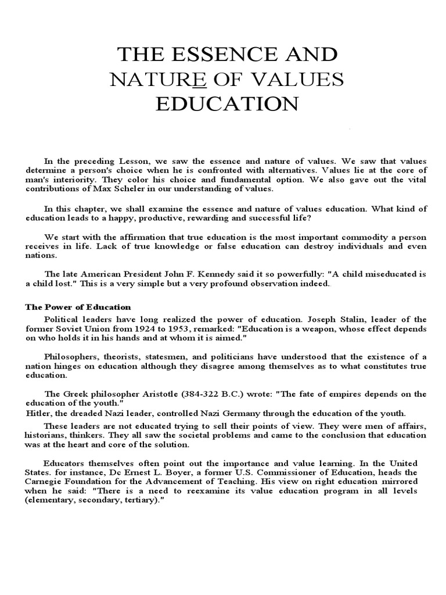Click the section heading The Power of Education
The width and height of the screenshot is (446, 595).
coord(78,307)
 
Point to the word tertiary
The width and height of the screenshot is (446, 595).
coord(133,501)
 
